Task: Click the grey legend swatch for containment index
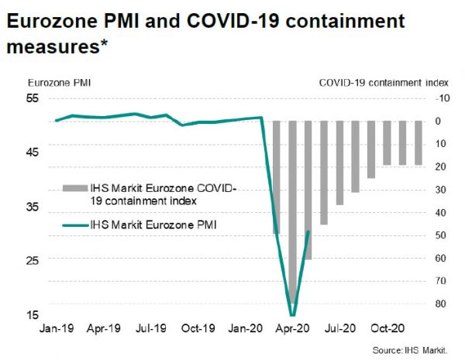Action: pyautogui.click(x=74, y=188)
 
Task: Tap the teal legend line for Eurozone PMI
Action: pyautogui.click(x=74, y=225)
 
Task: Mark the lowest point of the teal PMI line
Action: pyautogui.click(x=292, y=314)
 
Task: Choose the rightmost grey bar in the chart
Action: pyautogui.click(x=418, y=142)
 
